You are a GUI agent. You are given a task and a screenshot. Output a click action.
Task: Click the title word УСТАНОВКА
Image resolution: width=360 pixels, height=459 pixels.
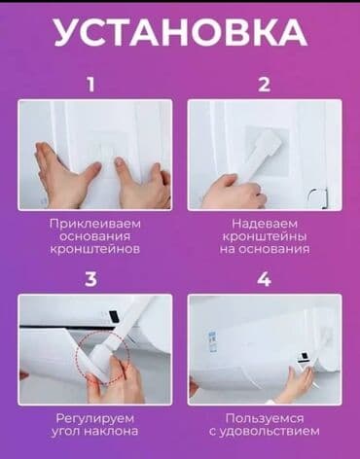180,32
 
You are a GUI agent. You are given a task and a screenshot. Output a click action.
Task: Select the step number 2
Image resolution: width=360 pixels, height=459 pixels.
264,85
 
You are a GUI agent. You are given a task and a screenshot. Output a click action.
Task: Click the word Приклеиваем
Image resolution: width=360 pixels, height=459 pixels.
95,223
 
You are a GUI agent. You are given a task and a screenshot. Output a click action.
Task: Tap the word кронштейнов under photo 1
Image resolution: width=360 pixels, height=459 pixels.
95,249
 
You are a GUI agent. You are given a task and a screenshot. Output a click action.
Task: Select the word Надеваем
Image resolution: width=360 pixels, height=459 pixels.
264,223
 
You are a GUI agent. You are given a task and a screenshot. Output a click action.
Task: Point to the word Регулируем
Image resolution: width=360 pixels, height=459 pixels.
95,417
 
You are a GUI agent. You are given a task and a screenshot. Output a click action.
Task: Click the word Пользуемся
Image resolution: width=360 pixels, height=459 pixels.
264,417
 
